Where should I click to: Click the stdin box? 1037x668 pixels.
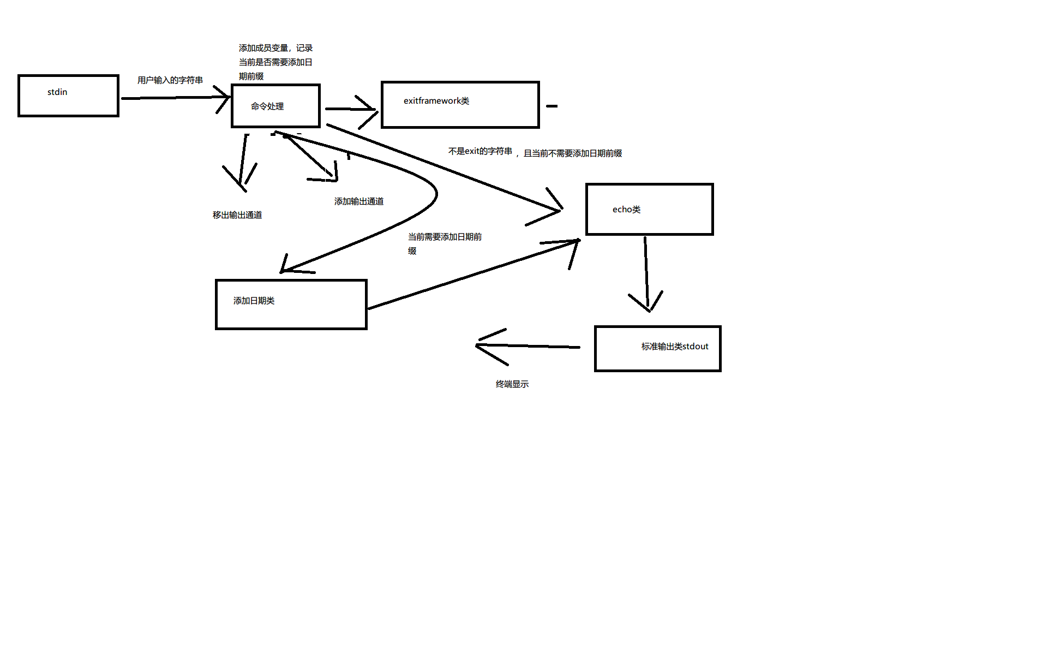(x=68, y=96)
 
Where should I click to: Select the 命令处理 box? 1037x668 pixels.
(x=275, y=106)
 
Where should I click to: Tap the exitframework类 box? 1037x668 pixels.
(x=460, y=104)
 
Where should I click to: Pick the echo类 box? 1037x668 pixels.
(x=649, y=209)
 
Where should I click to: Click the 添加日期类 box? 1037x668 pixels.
(x=291, y=304)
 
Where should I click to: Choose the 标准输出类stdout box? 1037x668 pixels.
(x=657, y=348)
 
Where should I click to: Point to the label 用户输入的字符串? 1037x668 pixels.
(x=170, y=80)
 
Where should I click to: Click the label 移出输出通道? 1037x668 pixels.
(x=237, y=215)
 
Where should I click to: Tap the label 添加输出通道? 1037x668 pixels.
(x=359, y=201)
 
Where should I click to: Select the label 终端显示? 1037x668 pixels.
(x=512, y=384)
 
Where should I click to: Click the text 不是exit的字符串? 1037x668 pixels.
(x=480, y=151)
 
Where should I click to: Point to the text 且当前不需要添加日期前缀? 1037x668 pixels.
(x=573, y=153)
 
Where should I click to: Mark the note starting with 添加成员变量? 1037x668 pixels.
(x=275, y=62)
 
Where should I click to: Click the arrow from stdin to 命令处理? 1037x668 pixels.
(x=175, y=98)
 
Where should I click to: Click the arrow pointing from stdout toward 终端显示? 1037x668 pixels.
(x=529, y=346)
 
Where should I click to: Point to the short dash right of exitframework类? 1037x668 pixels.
(x=552, y=106)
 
